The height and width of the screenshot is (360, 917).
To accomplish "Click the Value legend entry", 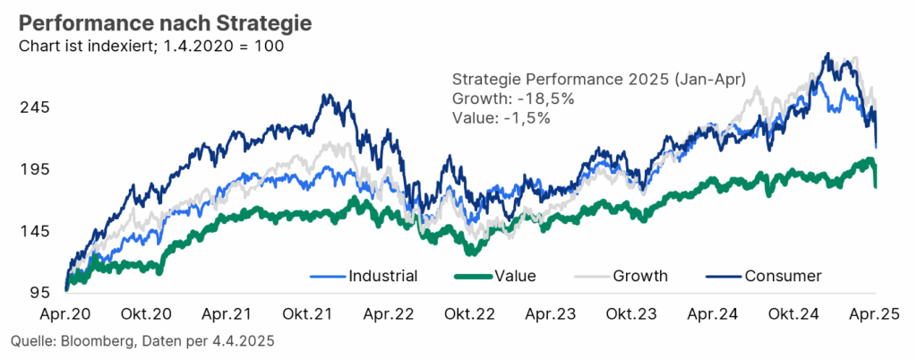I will coord(515,275).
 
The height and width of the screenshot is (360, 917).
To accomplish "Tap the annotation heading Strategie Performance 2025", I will coord(558,79).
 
